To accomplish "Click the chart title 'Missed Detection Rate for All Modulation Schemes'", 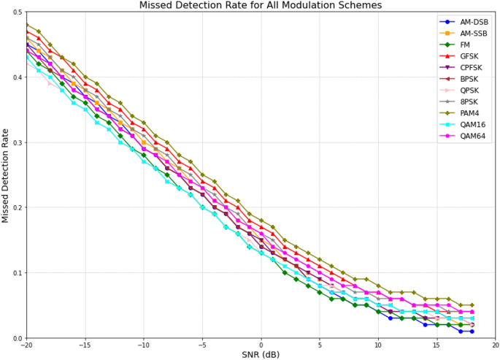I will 261,6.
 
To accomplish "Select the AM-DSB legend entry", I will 473,22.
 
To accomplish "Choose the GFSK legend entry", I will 470,55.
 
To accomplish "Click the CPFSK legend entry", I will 472,67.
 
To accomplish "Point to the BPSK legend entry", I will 470,79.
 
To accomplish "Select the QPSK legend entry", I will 470,90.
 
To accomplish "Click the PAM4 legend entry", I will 470,112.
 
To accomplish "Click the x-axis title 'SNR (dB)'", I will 261,355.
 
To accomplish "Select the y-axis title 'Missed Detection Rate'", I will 7,176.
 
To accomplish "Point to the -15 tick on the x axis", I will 85,345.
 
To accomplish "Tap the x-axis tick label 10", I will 378,345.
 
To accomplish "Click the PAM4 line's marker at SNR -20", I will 27,25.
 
